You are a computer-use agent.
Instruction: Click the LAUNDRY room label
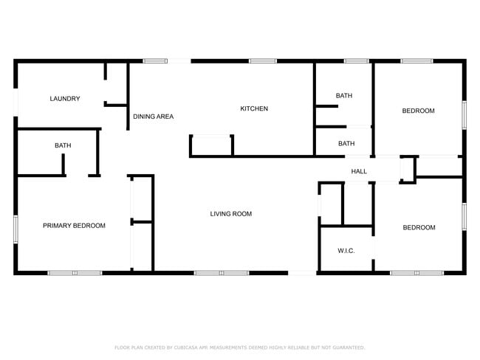(65, 99)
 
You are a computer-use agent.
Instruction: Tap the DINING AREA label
(153, 117)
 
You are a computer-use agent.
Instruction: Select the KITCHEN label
(254, 109)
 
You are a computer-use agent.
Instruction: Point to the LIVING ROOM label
(230, 214)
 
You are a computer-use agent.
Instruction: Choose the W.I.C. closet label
(346, 251)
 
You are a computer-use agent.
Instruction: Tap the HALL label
(359, 171)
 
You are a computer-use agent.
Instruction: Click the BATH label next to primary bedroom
(63, 145)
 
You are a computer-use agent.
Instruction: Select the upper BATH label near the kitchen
(344, 96)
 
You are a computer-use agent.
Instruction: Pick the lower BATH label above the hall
(346, 144)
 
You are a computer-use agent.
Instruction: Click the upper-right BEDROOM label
(418, 111)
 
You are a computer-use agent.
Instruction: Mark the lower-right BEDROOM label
(419, 228)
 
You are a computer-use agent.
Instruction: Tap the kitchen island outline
(212, 145)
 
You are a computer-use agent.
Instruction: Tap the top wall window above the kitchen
(263, 61)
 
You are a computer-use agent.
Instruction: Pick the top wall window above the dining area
(155, 61)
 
